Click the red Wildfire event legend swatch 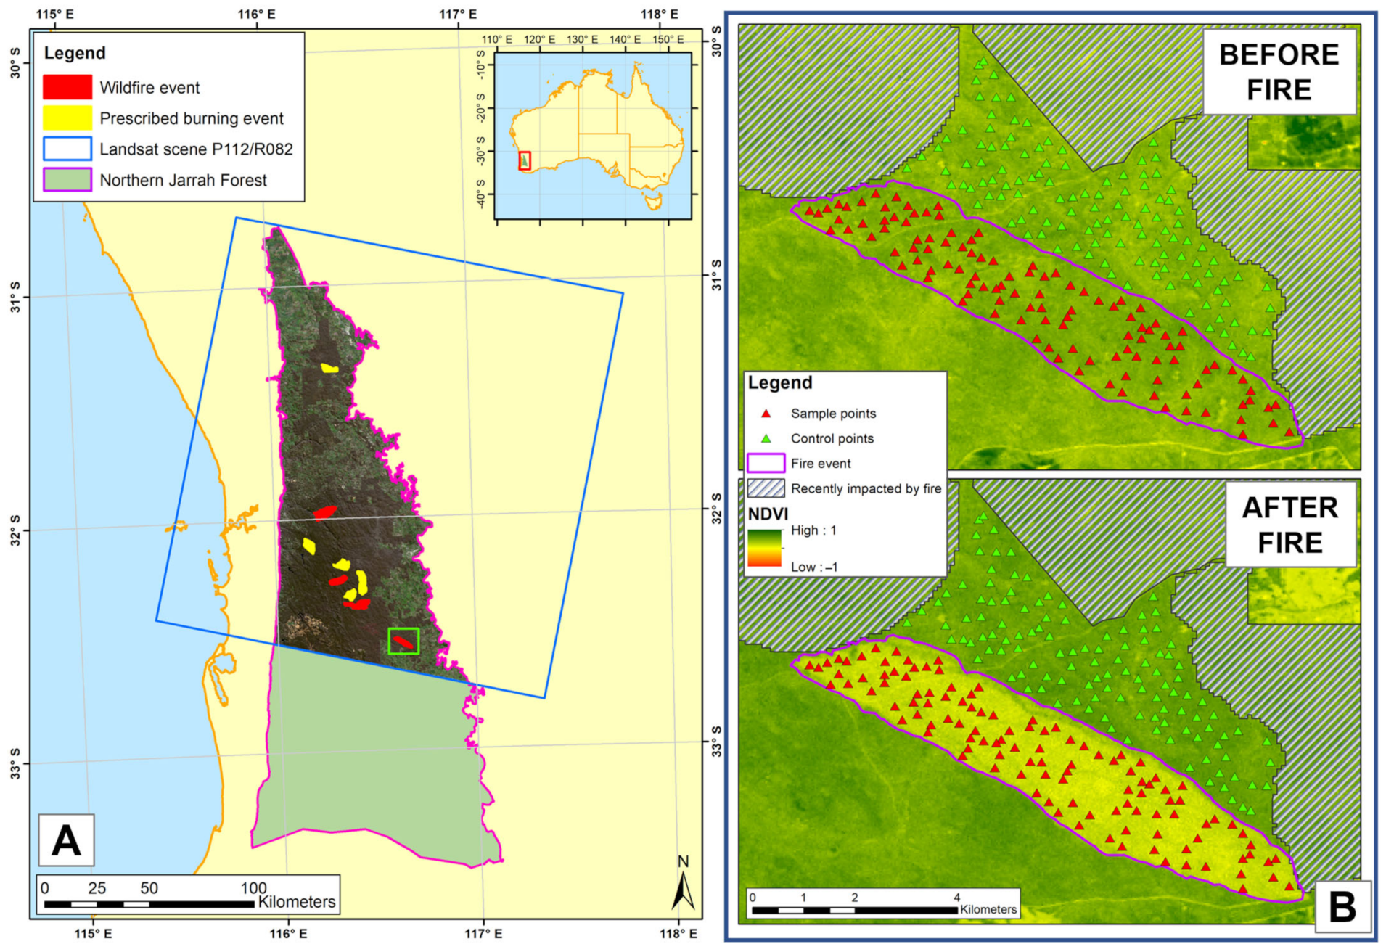coord(67,87)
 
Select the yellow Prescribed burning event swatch coord(67,118)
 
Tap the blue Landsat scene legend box coord(67,149)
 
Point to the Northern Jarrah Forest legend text coord(183,180)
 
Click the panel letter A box coord(66,840)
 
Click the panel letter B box coord(1342,906)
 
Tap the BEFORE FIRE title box coord(1279,72)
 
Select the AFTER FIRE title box coord(1289,525)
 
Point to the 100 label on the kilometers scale coord(254,888)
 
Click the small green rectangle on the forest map coord(403,641)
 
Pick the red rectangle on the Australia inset coord(525,160)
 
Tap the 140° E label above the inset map coord(625,39)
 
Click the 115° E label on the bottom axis coord(94,933)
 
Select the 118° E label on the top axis coord(659,14)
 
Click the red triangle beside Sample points coord(766,414)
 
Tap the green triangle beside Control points coord(766,438)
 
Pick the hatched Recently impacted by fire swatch coord(766,488)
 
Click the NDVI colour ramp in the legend coord(764,548)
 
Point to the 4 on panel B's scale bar coord(956,898)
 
